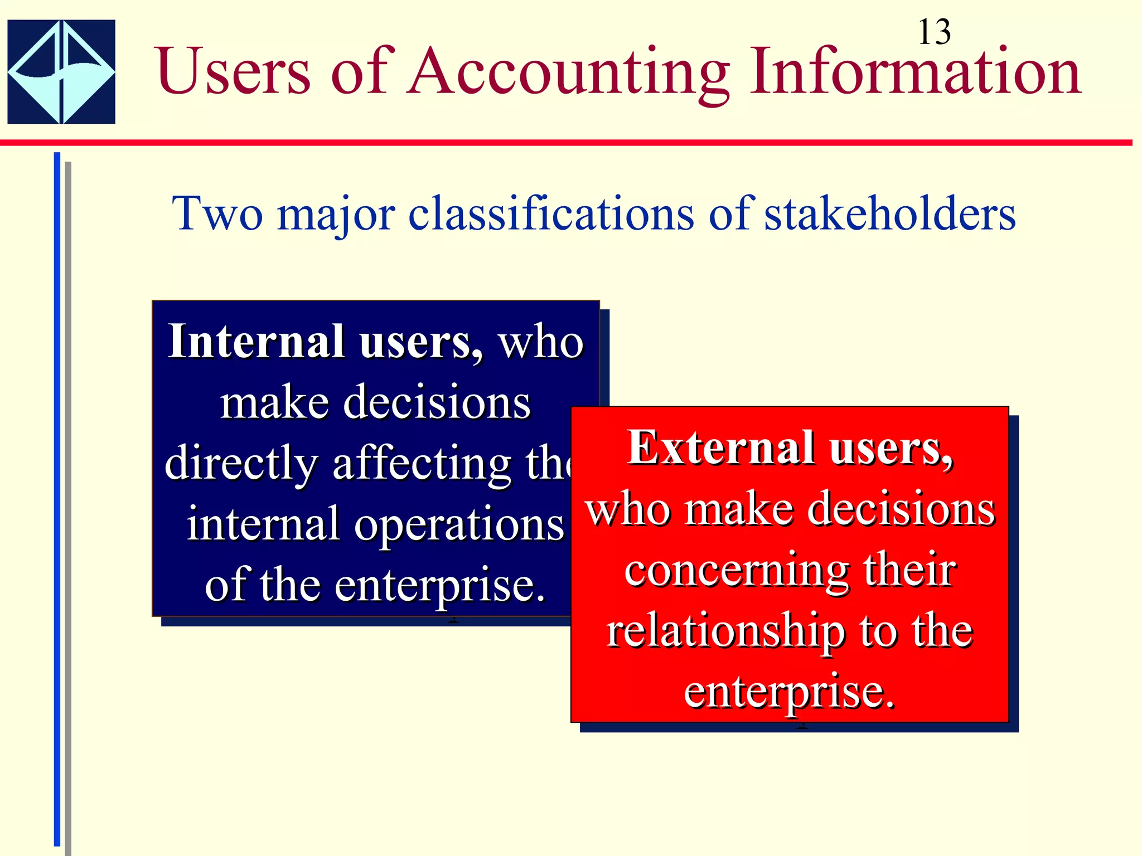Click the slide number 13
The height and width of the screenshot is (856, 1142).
(934, 32)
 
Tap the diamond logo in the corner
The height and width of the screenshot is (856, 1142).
(61, 72)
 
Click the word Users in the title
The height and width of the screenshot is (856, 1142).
(233, 72)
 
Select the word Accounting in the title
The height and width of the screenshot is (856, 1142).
(568, 73)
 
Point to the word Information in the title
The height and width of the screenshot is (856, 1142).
(915, 72)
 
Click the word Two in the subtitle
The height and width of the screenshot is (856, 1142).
(217, 213)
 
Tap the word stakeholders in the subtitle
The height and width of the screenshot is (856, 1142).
(889, 213)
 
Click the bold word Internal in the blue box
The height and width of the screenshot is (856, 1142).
(257, 341)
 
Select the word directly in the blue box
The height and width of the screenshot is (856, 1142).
(241, 464)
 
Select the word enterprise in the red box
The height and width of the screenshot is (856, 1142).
(789, 693)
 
